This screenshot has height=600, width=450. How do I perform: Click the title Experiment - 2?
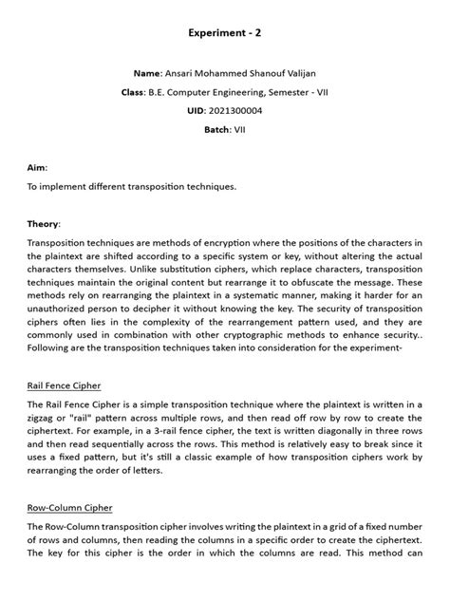click(x=225, y=33)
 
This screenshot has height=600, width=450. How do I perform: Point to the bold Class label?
click(x=132, y=92)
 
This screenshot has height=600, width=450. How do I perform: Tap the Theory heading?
click(x=45, y=223)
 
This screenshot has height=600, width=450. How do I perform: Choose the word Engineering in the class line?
click(x=214, y=92)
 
